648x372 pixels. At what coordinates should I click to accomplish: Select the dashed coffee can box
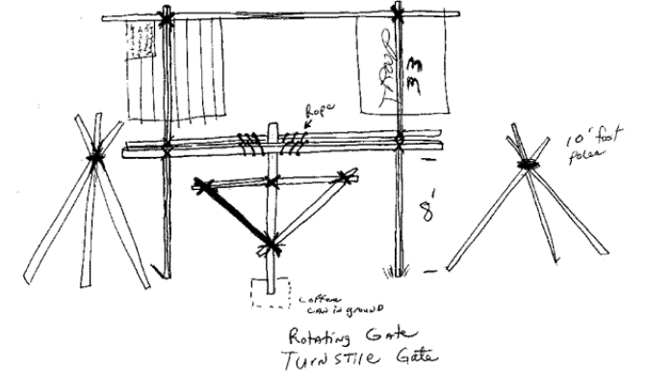(270, 293)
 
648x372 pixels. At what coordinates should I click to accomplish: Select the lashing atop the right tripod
(527, 167)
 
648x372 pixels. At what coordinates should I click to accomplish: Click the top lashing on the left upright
(168, 18)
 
